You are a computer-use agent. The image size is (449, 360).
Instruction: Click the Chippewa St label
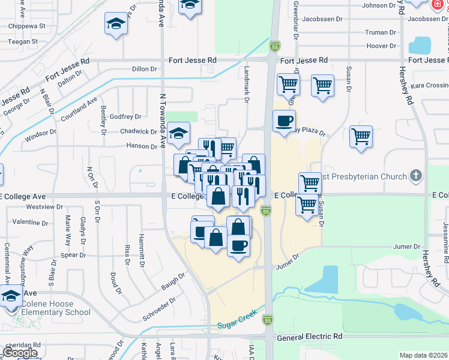point(26,26)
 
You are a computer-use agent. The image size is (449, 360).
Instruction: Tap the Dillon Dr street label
point(144,69)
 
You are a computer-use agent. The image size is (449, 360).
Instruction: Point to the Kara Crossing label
point(429,86)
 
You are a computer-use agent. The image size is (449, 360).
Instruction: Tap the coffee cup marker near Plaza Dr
point(284,121)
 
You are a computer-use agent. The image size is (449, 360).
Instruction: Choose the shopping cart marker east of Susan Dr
point(361,137)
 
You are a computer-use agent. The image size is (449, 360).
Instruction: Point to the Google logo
point(20,353)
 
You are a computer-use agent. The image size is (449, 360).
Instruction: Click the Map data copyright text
point(423,355)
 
